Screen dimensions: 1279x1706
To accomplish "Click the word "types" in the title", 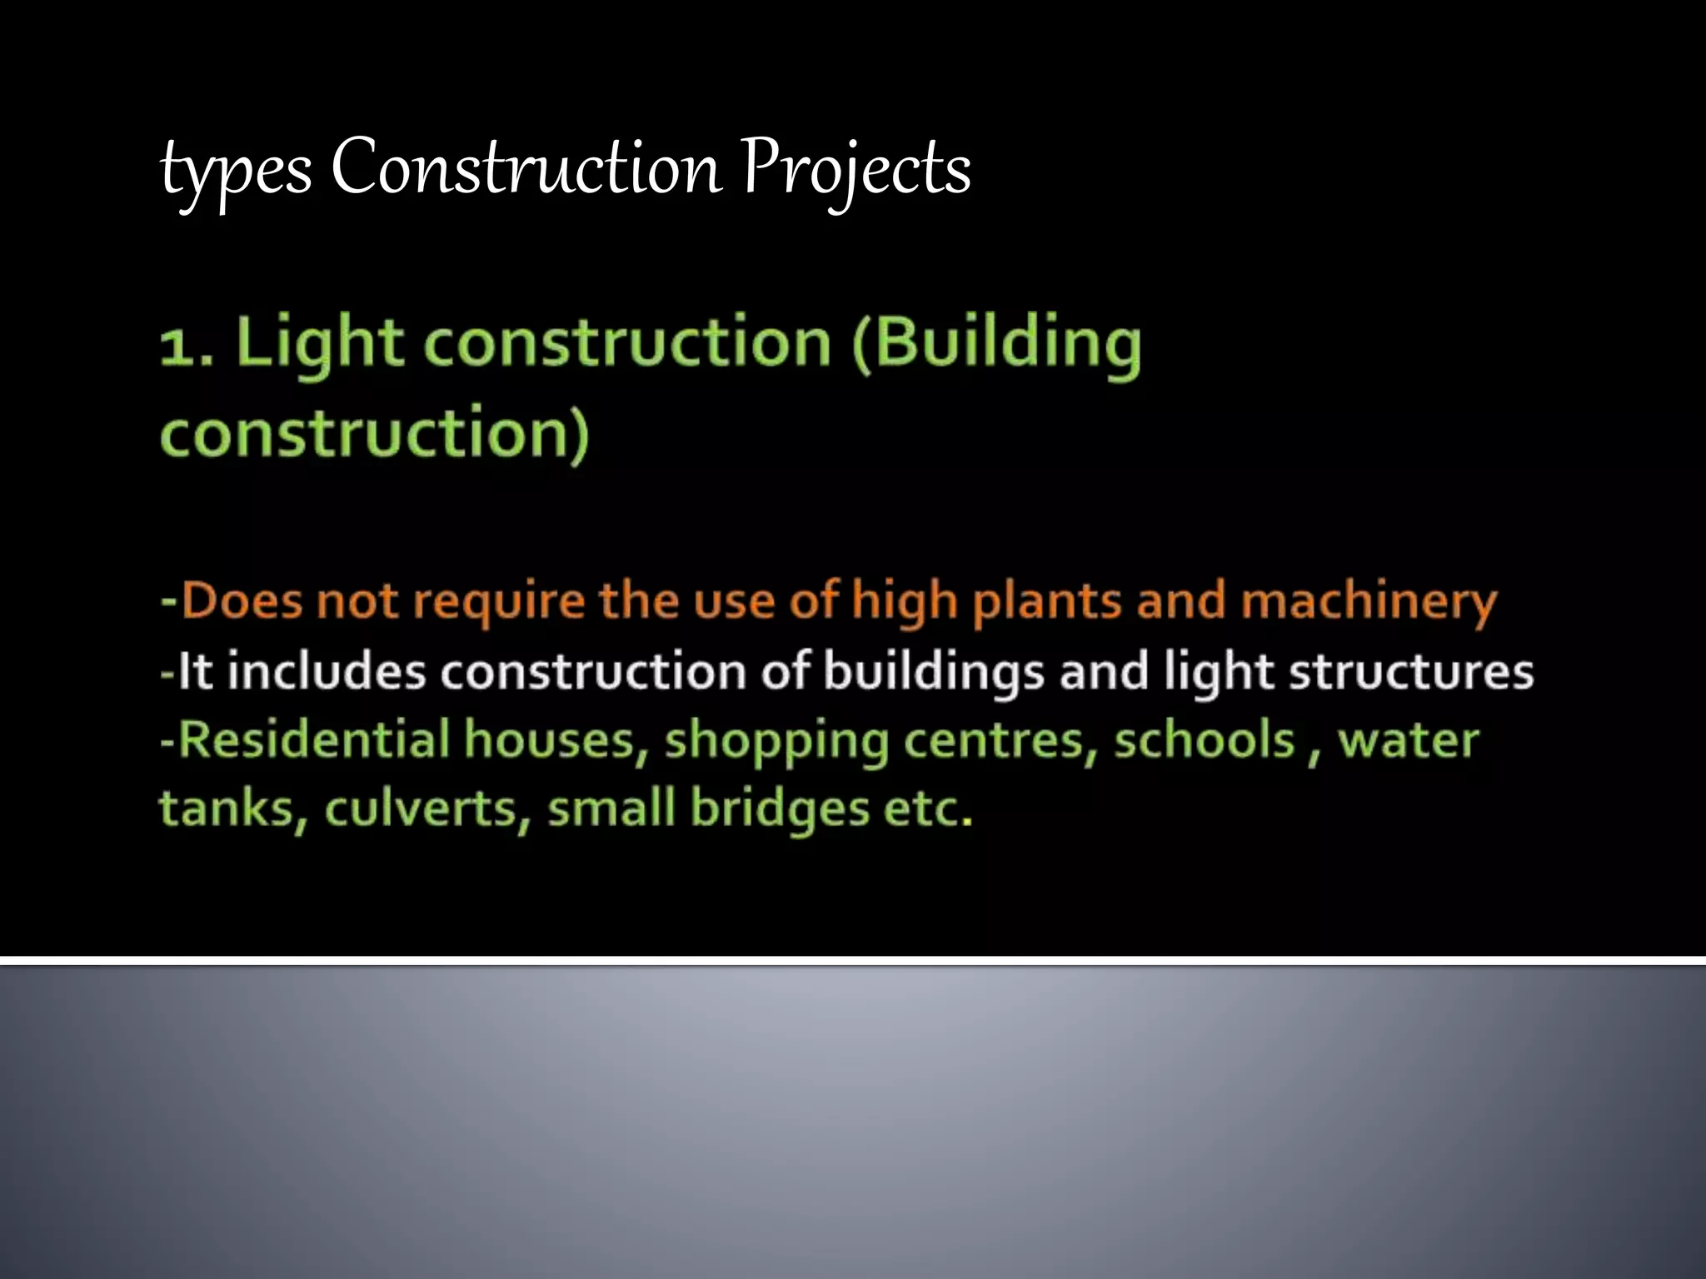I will click(236, 172).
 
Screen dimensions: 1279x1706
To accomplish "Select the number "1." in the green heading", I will click(187, 345).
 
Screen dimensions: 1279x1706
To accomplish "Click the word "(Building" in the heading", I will click(996, 343).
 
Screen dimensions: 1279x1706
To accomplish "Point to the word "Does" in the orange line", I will click(242, 600).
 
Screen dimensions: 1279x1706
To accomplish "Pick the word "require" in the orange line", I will click(499, 602).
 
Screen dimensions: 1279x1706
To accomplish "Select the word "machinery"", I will click(1369, 602).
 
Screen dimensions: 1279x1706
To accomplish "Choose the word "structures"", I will click(1411, 671).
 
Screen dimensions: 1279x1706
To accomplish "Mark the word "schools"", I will click(1205, 740).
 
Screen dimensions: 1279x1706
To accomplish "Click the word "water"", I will click(1408, 740).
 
